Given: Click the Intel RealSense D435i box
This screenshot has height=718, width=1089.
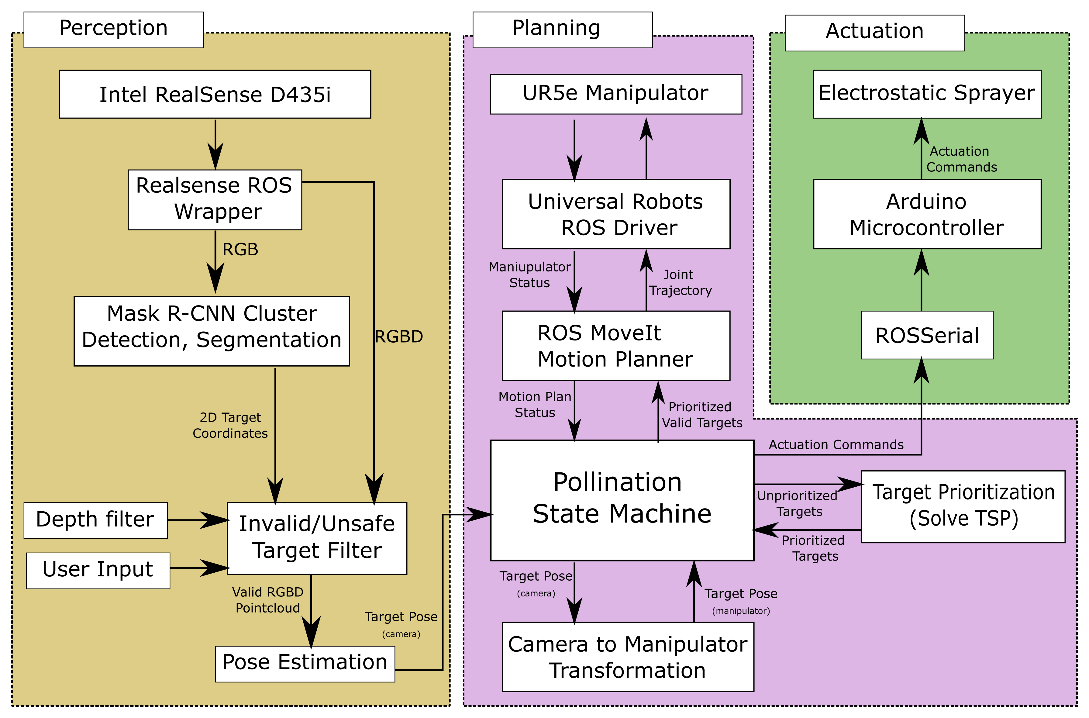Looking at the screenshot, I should coord(215,94).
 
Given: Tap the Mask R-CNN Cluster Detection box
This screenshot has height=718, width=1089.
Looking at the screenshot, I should coord(212,331).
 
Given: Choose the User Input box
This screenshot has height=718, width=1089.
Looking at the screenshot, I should coord(98,570).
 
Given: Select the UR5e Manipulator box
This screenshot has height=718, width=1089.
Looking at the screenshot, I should coord(616,94).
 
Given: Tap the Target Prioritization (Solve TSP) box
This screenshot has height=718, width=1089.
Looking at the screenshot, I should coord(963,506).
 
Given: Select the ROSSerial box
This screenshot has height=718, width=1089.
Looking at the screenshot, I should coord(927,335).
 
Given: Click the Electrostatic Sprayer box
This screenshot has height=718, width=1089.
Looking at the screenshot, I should coord(927,94).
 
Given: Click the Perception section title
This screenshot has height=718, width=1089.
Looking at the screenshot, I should coord(114,29).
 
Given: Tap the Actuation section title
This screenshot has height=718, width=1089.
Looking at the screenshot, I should coord(874,32).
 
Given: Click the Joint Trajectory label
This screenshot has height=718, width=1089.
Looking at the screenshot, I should coord(680,282).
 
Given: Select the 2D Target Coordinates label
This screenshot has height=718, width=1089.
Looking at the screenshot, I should coord(230,425).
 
